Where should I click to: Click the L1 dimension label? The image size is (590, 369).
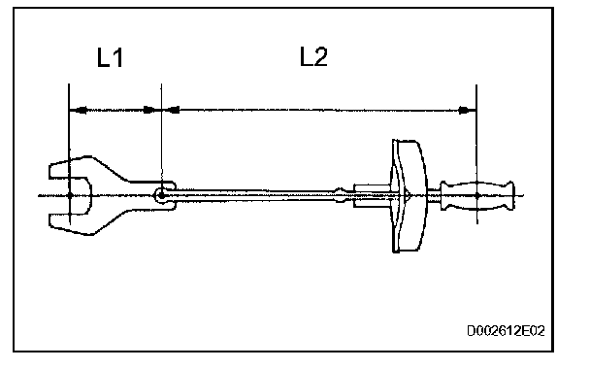(110, 58)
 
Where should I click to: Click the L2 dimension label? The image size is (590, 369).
(313, 57)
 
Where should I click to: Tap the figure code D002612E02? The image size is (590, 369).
(506, 331)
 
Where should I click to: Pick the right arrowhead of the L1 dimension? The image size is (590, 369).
(152, 110)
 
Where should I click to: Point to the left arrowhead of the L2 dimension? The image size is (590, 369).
(171, 110)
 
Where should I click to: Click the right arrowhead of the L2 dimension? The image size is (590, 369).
(468, 111)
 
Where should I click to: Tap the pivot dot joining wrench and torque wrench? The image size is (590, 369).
(161, 195)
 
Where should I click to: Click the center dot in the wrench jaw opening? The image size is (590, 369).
(70, 195)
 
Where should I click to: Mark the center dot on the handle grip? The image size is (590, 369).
(477, 196)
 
